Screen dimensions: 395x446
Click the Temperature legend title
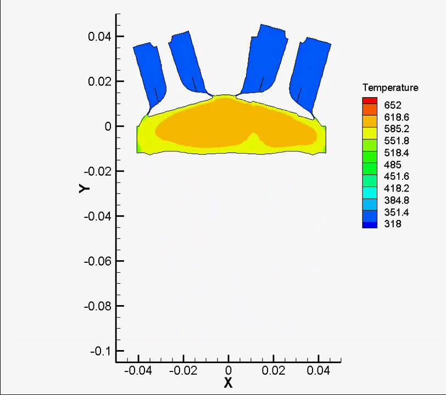pos(390,88)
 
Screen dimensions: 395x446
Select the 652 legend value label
pos(393,105)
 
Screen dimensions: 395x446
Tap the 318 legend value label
pos(393,224)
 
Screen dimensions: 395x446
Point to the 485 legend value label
pos(393,165)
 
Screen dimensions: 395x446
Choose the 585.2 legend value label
pos(397,129)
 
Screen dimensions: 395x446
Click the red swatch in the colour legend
pos(370,100)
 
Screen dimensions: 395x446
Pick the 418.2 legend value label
pos(397,189)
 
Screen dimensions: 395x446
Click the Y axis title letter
pos(84,188)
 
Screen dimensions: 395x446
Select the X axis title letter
pos(228,383)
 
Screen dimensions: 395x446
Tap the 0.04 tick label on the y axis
pos(99,37)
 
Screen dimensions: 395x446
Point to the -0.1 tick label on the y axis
pos(99,351)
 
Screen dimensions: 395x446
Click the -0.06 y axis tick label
pos(97,261)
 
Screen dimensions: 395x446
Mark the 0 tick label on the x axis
pos(228,371)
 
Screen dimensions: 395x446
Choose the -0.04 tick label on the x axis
pos(138,371)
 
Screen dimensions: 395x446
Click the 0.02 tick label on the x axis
pos(274,371)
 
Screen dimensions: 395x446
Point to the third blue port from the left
pos(266,58)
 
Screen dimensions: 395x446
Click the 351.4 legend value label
pos(397,212)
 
